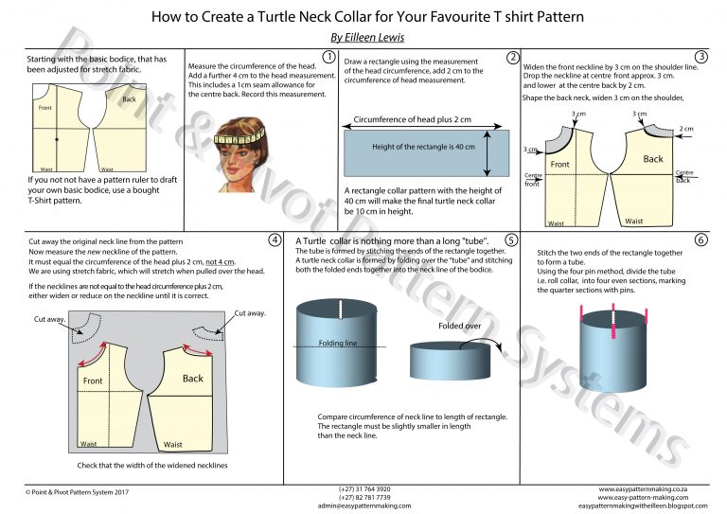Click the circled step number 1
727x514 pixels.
tap(328, 57)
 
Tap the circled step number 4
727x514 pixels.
tap(275, 239)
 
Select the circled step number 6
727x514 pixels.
tap(701, 239)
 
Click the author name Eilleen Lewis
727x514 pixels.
tap(363, 37)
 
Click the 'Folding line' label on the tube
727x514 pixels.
tap(338, 344)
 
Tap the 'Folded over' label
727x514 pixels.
tap(461, 327)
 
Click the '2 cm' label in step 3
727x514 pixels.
tap(686, 129)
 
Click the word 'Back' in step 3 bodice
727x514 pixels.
tap(653, 159)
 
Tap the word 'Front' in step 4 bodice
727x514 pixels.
tap(93, 381)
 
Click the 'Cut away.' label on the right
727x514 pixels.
tap(250, 312)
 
